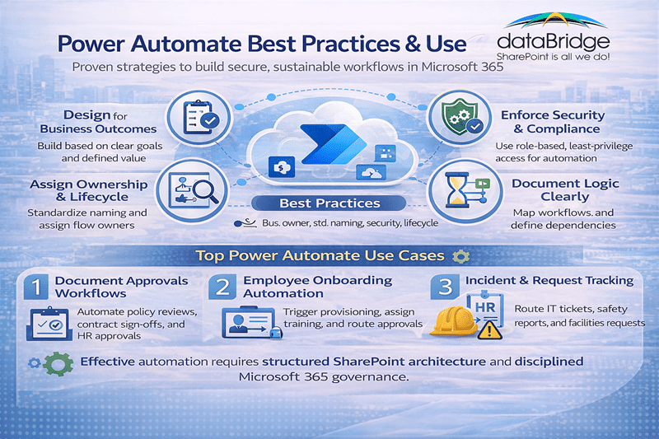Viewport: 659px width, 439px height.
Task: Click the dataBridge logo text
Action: point(553,42)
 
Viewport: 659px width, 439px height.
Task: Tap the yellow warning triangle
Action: point(488,331)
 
